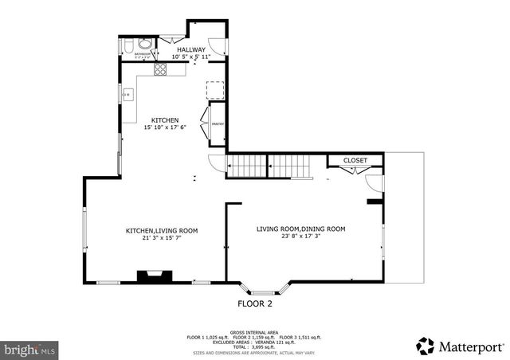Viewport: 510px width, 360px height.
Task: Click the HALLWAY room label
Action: (190, 49)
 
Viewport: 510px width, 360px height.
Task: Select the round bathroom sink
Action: (144, 44)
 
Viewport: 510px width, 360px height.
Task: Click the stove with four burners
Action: (159, 69)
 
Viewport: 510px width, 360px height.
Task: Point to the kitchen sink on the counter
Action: (126, 95)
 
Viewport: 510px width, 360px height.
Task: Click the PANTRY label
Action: (217, 123)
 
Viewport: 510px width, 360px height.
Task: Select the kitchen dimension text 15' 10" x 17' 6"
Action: (165, 127)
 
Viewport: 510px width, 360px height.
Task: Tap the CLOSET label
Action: (355, 160)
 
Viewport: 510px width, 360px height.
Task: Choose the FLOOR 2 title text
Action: (255, 303)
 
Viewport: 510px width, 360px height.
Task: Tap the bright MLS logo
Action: (30, 349)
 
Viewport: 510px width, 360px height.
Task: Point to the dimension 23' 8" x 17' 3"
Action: (300, 236)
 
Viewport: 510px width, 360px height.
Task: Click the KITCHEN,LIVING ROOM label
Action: (162, 230)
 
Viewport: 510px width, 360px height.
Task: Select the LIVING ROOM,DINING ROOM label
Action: (300, 229)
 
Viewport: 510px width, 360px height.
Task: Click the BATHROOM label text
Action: (143, 54)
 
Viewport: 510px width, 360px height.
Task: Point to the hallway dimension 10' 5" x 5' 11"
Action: (190, 57)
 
